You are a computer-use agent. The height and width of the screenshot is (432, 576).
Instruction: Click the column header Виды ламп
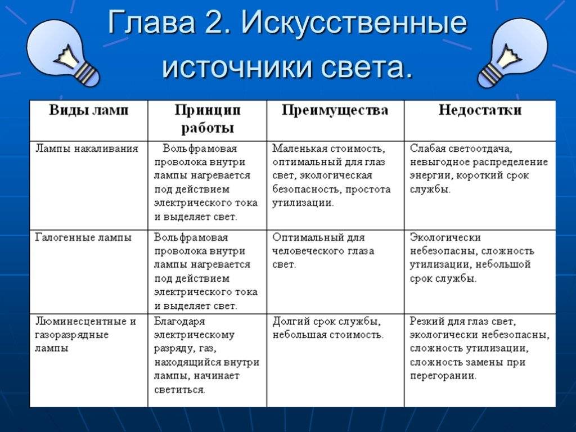pos(88,110)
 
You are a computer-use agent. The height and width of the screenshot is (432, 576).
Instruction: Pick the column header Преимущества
pos(335,110)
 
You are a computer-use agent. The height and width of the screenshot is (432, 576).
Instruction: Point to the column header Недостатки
pos(479,110)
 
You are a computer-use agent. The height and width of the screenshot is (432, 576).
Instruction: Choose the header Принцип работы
pos(207,119)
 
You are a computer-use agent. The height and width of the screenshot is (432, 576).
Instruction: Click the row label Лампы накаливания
pos(87,148)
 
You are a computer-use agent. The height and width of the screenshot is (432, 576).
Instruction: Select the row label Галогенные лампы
pos(83,237)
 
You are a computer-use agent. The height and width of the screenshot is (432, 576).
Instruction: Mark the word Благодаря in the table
pos(179,322)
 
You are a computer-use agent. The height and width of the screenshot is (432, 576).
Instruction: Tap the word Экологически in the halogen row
pos(445,237)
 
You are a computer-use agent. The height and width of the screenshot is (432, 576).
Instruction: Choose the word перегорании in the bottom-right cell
pos(443,376)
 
